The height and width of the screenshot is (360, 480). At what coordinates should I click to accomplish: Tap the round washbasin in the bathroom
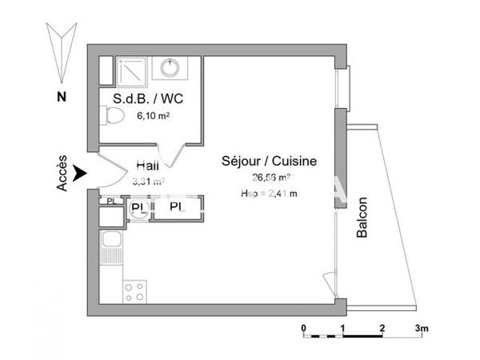[169, 68]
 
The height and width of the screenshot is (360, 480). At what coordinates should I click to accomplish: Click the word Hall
[146, 165]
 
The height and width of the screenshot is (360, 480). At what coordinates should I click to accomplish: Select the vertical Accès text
[62, 172]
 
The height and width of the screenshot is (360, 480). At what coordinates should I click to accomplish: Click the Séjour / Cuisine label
[269, 161]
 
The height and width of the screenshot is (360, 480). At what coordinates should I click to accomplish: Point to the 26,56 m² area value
[270, 178]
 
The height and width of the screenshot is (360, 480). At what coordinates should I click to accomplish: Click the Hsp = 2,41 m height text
[269, 194]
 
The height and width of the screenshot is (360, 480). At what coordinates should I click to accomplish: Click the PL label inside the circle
[138, 207]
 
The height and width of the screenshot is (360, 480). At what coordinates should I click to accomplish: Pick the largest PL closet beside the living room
[176, 207]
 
